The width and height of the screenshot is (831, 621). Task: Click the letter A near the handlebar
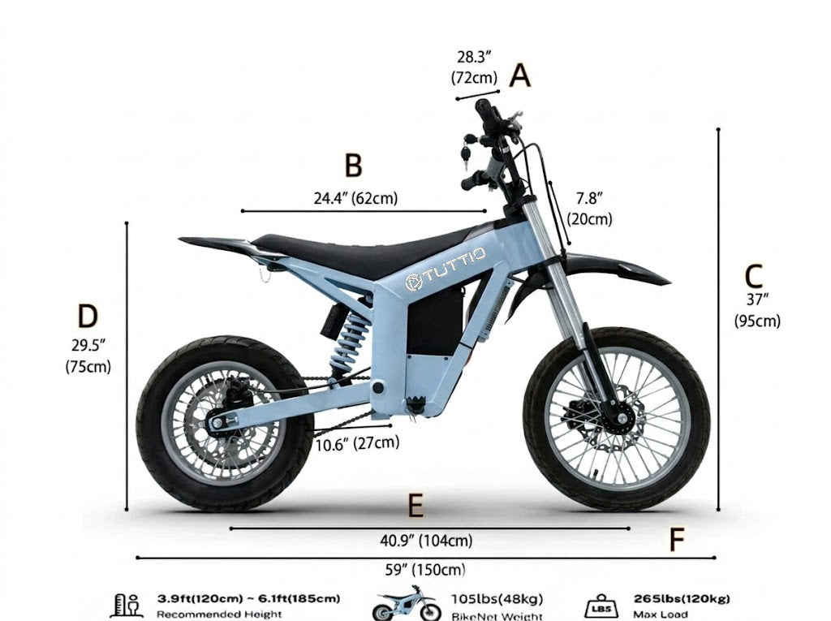tap(520, 75)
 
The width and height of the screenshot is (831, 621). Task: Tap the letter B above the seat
tap(354, 165)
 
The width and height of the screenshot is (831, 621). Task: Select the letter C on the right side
tap(754, 276)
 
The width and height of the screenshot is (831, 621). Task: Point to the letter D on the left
tap(88, 316)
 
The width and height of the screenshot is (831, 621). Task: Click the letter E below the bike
tap(416, 506)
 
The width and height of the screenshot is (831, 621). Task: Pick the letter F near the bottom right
tap(677, 540)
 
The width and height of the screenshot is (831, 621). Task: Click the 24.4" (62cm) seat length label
tap(355, 198)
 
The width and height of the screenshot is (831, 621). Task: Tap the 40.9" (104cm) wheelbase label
tap(426, 541)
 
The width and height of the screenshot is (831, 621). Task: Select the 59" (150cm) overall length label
tap(425, 570)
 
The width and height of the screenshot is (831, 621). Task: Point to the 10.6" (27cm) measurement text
tap(358, 442)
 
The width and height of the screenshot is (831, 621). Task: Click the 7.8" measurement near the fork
tap(589, 198)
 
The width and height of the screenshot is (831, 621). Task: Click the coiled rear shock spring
tap(349, 342)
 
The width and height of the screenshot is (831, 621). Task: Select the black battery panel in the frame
tap(435, 321)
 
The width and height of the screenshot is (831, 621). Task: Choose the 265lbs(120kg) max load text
tap(682, 599)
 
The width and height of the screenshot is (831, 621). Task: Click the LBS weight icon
tap(601, 606)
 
